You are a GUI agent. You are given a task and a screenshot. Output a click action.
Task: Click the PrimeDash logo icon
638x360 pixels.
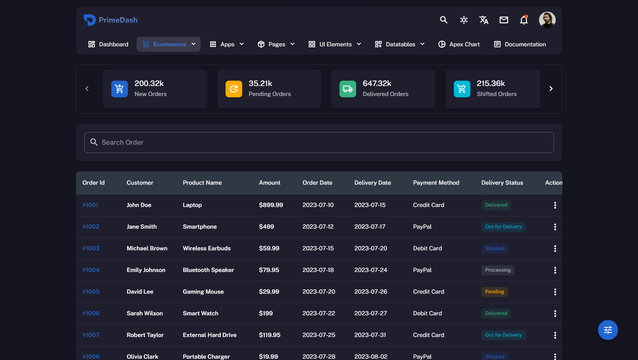click(x=89, y=20)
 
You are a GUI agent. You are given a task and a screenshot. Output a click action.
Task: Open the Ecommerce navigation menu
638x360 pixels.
click(x=169, y=44)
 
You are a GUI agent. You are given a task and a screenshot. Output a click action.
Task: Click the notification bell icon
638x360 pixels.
click(x=524, y=20)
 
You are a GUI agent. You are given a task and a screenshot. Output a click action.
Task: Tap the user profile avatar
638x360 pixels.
click(x=547, y=20)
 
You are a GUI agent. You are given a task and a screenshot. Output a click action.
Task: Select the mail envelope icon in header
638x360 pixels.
click(x=504, y=20)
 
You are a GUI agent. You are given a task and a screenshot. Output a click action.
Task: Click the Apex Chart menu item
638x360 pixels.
click(x=459, y=44)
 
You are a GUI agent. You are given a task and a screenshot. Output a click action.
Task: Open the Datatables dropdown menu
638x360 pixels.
click(x=400, y=44)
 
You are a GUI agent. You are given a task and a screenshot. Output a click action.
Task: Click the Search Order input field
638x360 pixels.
click(x=319, y=142)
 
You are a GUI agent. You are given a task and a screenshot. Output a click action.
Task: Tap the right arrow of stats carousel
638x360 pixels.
click(x=551, y=89)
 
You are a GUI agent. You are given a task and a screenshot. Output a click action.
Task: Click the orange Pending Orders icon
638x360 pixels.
click(x=234, y=89)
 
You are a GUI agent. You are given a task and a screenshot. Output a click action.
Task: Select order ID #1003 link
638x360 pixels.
click(x=91, y=248)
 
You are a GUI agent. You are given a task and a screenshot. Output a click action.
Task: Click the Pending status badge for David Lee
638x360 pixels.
click(x=494, y=292)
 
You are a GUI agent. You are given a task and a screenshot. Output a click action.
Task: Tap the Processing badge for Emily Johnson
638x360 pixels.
click(x=498, y=270)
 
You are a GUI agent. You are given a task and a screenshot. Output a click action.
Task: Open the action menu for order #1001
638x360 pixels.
click(x=555, y=205)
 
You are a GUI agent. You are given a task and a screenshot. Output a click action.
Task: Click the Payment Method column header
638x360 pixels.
click(x=436, y=183)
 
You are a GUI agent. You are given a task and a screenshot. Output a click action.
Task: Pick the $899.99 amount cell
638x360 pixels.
click(x=271, y=205)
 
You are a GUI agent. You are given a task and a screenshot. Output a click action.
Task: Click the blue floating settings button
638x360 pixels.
click(x=608, y=330)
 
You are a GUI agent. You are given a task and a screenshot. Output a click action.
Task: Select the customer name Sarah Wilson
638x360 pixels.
click(x=145, y=313)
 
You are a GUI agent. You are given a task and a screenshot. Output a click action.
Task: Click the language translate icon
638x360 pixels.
click(x=484, y=20)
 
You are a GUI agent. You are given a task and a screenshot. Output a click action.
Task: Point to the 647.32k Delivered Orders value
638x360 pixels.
click(x=377, y=83)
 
